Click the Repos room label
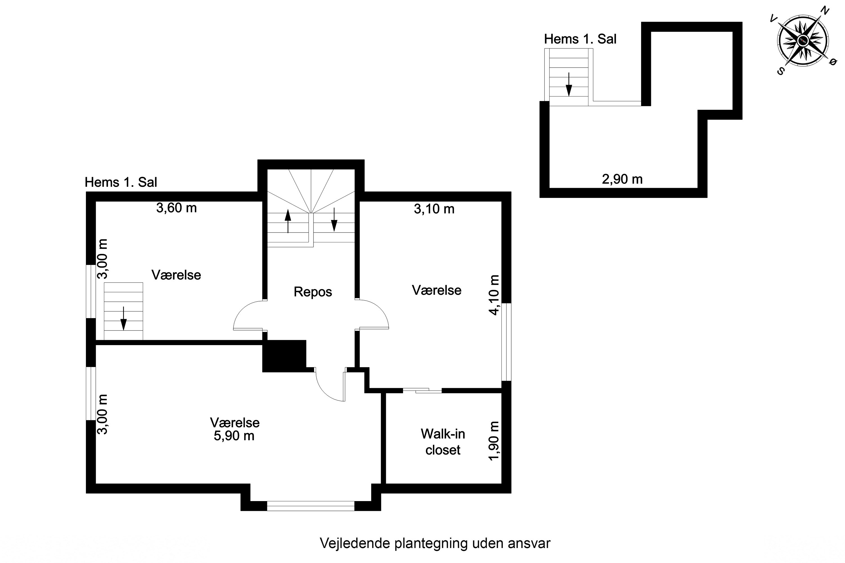(313, 292)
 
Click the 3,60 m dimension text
(176, 208)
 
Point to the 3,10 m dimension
(434, 209)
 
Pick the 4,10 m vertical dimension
(494, 295)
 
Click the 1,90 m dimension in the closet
(494, 441)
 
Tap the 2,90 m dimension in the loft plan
(622, 179)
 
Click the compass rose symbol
(803, 41)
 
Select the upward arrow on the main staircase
(288, 220)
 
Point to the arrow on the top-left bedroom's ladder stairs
(123, 318)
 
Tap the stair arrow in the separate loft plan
(569, 85)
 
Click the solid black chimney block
(284, 356)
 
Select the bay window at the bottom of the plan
(311, 506)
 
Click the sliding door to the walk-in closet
(422, 390)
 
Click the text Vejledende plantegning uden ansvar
(435, 543)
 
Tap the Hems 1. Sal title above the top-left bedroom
(121, 182)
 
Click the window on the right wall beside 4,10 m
(506, 341)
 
